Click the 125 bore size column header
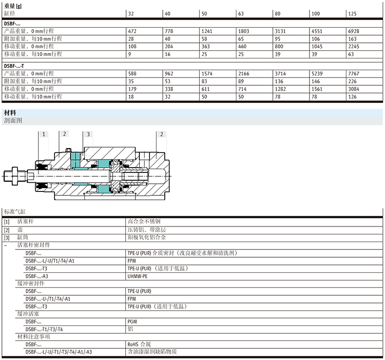click(x=352, y=14)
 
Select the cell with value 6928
click(x=354, y=31)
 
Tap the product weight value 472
click(x=132, y=31)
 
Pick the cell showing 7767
click(x=354, y=74)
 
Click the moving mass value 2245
click(x=354, y=46)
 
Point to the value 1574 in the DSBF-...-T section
click(x=207, y=74)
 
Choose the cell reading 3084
click(x=354, y=89)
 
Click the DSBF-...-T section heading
click(x=14, y=66)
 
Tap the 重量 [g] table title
click(x=13, y=6)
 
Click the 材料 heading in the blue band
click(x=10, y=113)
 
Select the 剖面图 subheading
click(x=13, y=120)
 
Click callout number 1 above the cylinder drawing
click(x=44, y=134)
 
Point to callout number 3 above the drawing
click(x=88, y=134)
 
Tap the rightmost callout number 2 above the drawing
click(x=162, y=134)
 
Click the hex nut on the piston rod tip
click(x=15, y=176)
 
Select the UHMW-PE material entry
click(x=137, y=276)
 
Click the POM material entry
click(x=133, y=322)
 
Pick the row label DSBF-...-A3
click(x=37, y=276)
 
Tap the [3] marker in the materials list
click(x=7, y=238)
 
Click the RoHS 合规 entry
click(x=139, y=344)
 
